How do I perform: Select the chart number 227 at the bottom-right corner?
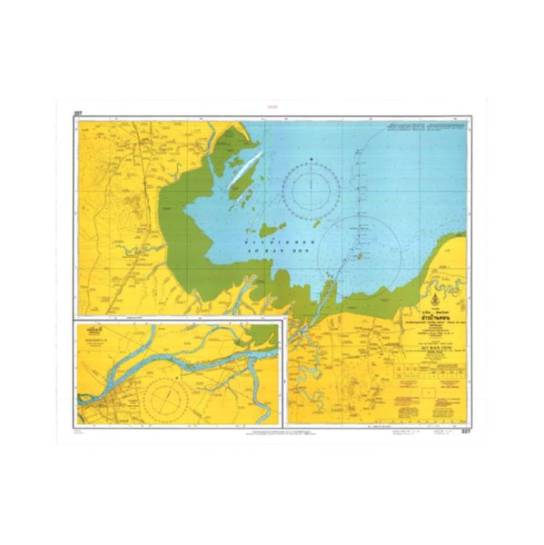click(x=468, y=431)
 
